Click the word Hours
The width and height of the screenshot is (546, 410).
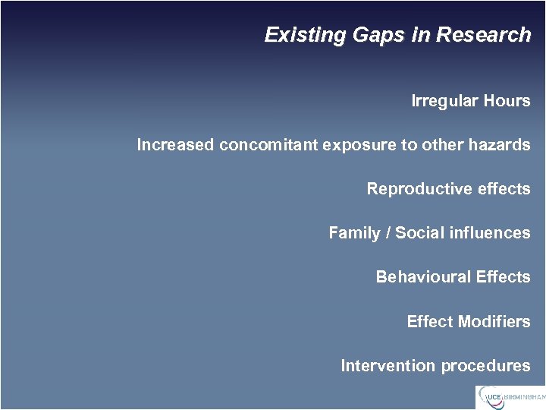pyautogui.click(x=507, y=101)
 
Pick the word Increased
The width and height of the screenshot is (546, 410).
pyautogui.click(x=175, y=145)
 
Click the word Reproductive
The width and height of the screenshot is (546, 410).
pyautogui.click(x=414, y=189)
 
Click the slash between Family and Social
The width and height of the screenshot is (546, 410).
pyautogui.click(x=388, y=233)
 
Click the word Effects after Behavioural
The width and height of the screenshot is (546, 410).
pyautogui.click(x=503, y=277)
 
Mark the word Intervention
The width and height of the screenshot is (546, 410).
pyautogui.click(x=388, y=366)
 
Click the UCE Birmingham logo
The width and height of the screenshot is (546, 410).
pyautogui.click(x=510, y=396)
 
